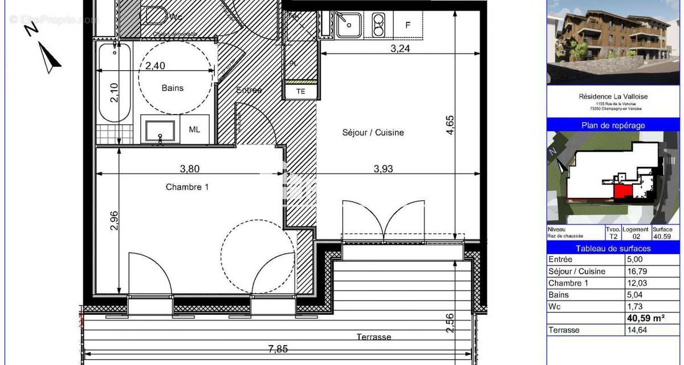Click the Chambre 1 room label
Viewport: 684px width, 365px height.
pyautogui.click(x=187, y=186)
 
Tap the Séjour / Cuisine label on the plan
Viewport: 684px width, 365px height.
pyautogui.click(x=373, y=132)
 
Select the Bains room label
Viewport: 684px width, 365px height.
pyautogui.click(x=173, y=88)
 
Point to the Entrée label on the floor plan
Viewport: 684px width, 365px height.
pyautogui.click(x=249, y=90)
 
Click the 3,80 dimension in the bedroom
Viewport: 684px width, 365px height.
pyautogui.click(x=190, y=168)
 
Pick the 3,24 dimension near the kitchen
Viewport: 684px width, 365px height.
pyautogui.click(x=400, y=48)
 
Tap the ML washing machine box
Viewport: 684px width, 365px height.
pyautogui.click(x=194, y=129)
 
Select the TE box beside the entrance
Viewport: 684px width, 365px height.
pyautogui.click(x=300, y=91)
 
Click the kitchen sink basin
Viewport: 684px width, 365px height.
pyautogui.click(x=345, y=23)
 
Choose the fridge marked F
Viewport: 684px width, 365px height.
pyautogui.click(x=408, y=25)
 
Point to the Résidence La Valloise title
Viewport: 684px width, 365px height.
pyautogui.click(x=613, y=97)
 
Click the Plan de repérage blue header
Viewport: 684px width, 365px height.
pyautogui.click(x=613, y=125)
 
